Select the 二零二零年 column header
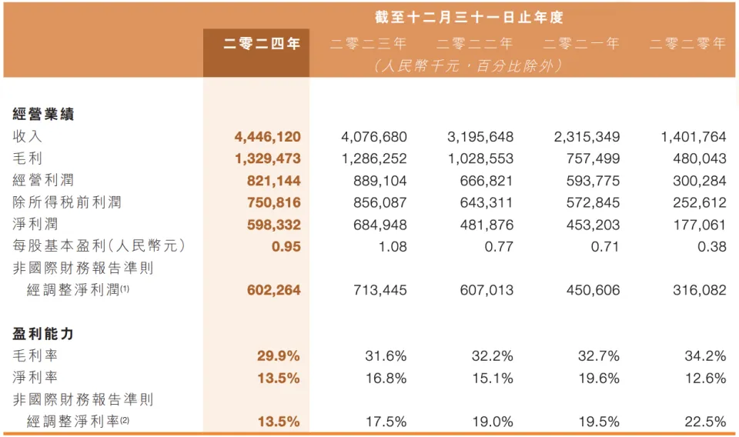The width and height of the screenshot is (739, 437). coord(687,44)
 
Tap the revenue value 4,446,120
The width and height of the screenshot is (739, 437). coord(267,137)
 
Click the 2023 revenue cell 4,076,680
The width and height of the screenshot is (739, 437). coord(373,137)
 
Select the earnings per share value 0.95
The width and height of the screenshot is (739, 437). coord(286,246)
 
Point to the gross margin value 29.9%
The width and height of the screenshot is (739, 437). coord(278,355)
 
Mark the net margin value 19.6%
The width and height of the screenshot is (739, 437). coord(598,378)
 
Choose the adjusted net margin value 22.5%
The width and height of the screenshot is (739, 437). coord(705,422)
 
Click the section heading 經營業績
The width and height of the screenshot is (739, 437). coord(43,115)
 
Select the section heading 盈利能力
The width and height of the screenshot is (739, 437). coord(43,334)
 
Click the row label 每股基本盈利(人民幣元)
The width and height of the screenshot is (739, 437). coord(99,246)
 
